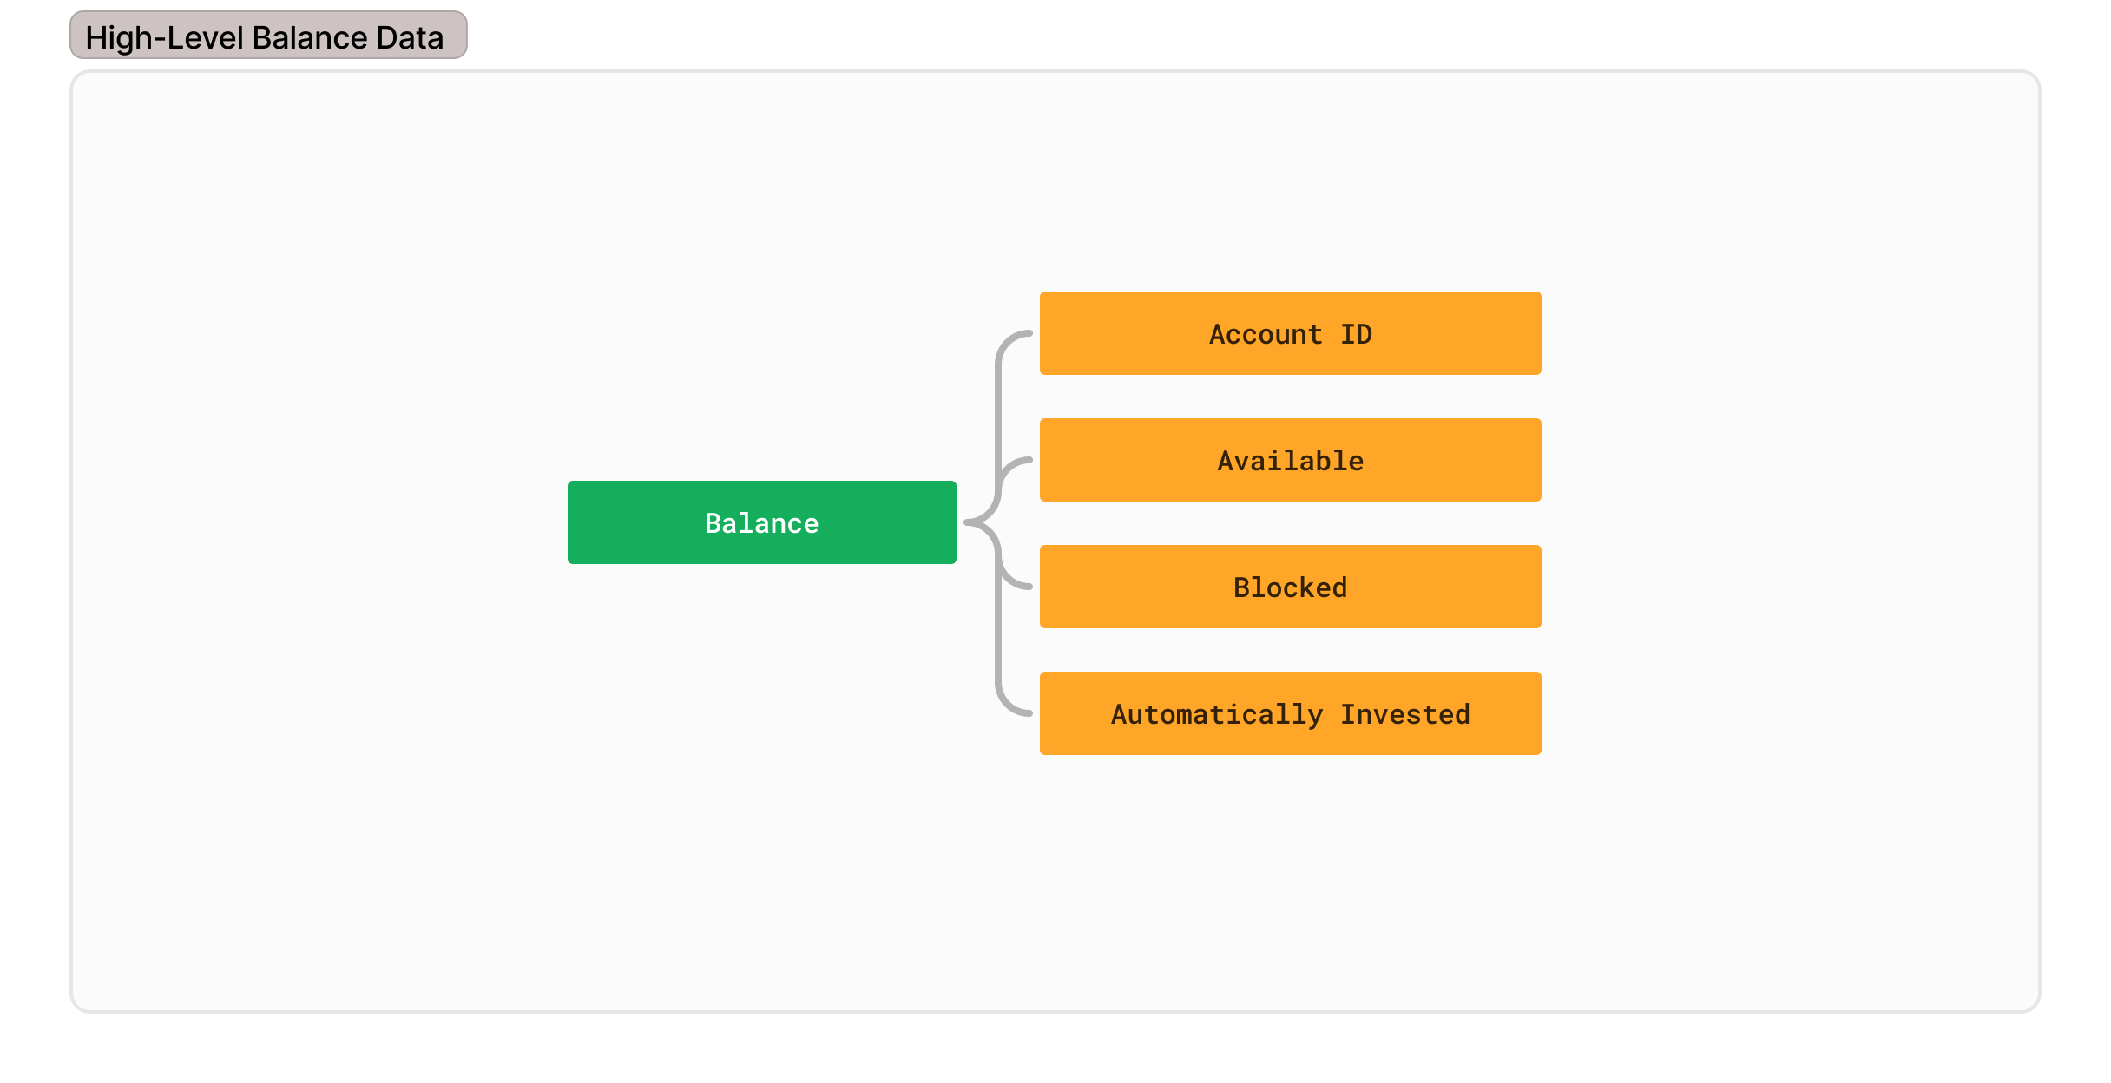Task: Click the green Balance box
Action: coord(761,522)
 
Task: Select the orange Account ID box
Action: coord(1290,333)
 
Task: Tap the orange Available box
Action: coord(1290,460)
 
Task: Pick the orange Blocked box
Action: coord(1290,587)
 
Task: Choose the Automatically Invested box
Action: coord(1290,713)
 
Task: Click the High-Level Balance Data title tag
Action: coord(268,36)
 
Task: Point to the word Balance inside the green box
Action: coord(761,523)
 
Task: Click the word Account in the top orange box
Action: coord(1266,334)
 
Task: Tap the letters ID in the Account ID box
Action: coord(1356,334)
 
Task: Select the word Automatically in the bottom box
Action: coord(1217,715)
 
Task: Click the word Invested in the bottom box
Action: coord(1405,714)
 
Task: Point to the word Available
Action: coord(1290,461)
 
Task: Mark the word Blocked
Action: coord(1290,587)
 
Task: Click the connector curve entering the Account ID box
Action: coord(998,391)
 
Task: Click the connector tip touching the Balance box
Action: coord(966,522)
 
